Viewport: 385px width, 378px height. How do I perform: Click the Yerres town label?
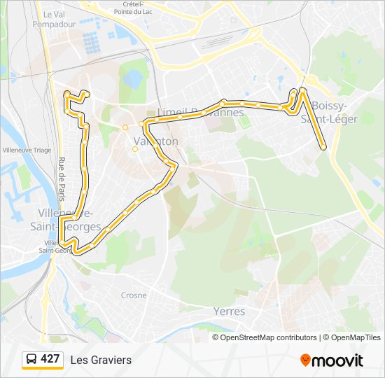[x=229, y=311]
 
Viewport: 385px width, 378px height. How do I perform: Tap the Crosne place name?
[x=134, y=295]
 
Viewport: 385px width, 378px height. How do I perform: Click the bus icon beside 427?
[x=31, y=360]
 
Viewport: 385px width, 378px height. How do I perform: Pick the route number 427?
[x=50, y=359]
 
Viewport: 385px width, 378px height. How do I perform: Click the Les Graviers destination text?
[x=101, y=360]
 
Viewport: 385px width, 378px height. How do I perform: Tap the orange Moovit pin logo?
[x=306, y=360]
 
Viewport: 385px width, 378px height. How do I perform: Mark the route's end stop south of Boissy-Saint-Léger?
[x=323, y=148]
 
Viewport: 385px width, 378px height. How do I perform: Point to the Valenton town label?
[x=155, y=141]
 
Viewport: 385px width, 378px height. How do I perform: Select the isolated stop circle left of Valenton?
[x=125, y=127]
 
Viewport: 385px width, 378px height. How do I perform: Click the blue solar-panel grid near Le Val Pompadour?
[x=92, y=42]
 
